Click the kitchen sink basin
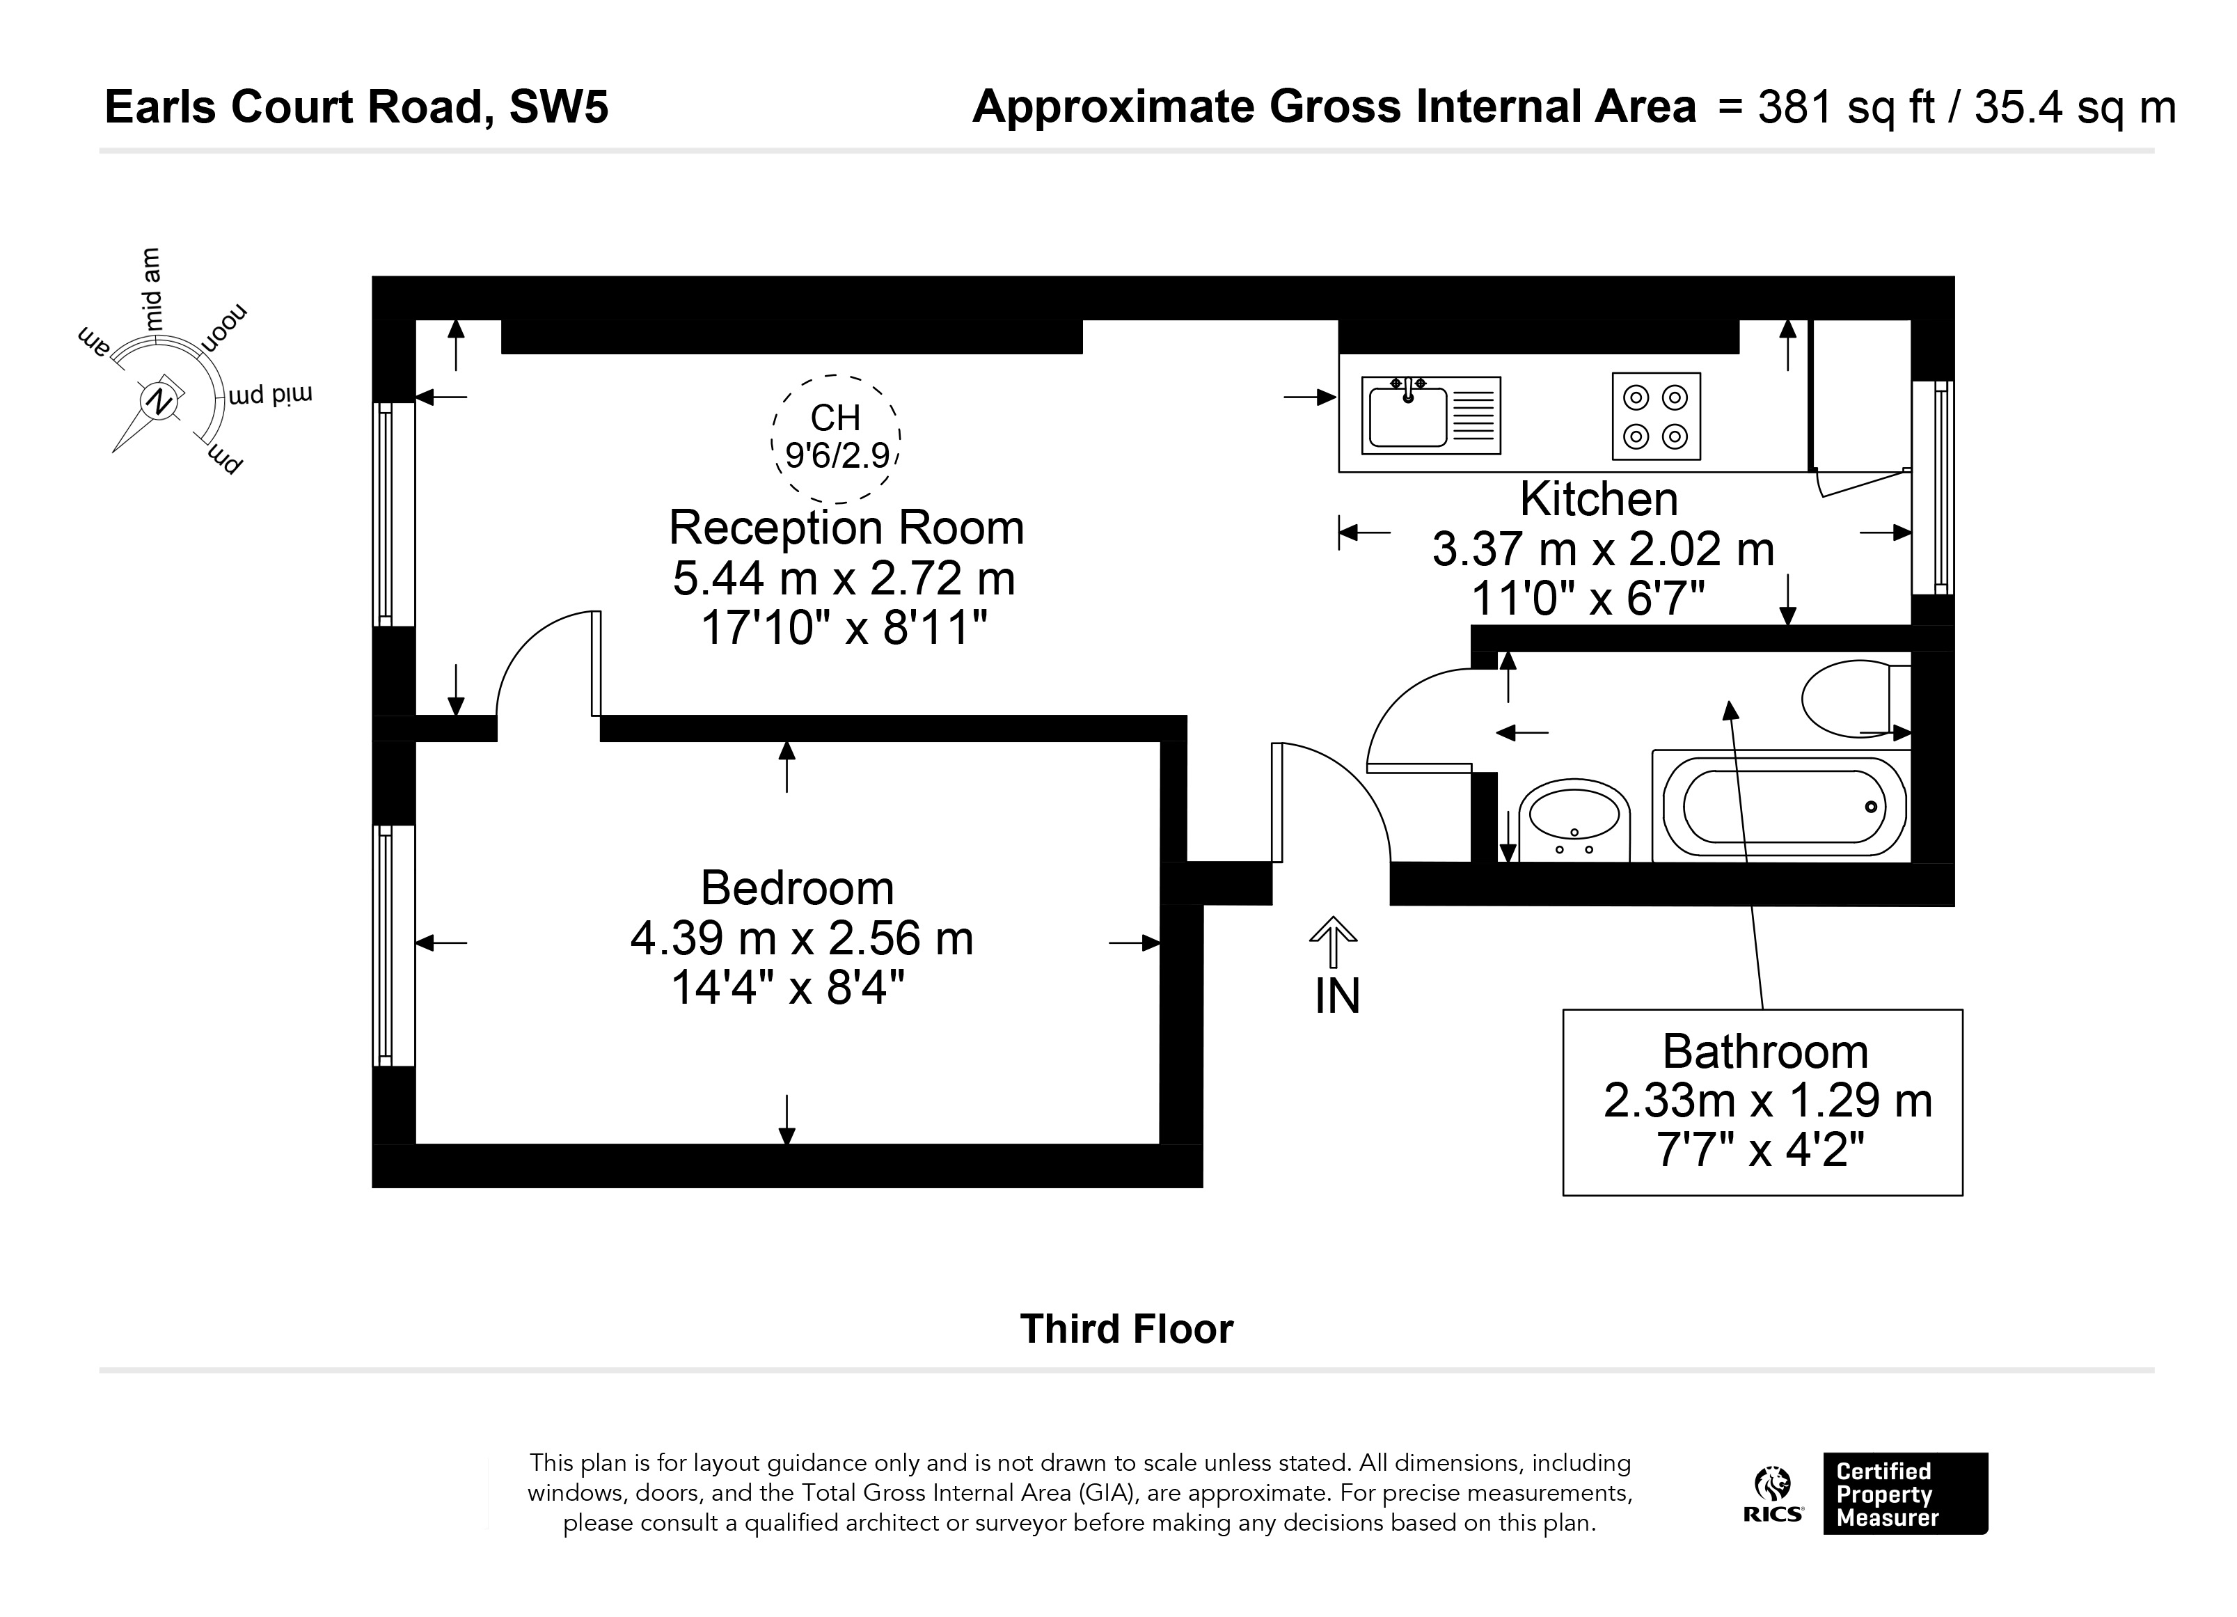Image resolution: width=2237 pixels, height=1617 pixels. pyautogui.click(x=1407, y=416)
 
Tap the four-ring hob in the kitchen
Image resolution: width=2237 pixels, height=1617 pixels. pyautogui.click(x=1656, y=416)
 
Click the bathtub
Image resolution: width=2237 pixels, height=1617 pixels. pyautogui.click(x=1781, y=806)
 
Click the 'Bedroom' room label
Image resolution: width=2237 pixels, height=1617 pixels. pyautogui.click(x=797, y=888)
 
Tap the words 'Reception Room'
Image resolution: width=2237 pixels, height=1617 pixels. pyautogui.click(x=846, y=528)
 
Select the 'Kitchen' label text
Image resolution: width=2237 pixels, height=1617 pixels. pyautogui.click(x=1599, y=499)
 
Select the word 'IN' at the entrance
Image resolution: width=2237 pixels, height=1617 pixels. pyautogui.click(x=1338, y=997)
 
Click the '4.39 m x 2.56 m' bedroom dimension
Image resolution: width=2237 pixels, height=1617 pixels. pyautogui.click(x=802, y=938)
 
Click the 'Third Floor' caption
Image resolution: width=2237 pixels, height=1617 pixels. pyautogui.click(x=1126, y=1329)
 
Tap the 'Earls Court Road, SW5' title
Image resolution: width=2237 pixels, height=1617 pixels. pyautogui.click(x=356, y=107)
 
